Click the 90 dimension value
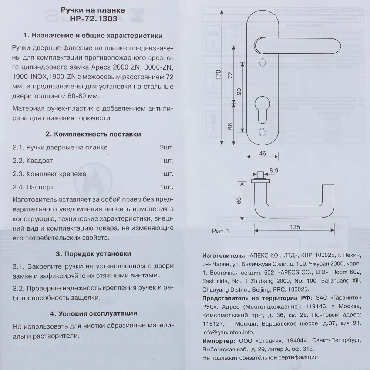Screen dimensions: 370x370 pyautogui.click(x=239, y=92)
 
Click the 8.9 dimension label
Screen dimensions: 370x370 pyautogui.click(x=274, y=170)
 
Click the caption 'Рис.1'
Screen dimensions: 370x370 pyautogui.click(x=221, y=231)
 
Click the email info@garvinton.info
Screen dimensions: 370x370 pyautogui.click(x=228, y=332)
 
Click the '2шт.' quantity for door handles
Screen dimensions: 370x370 pyautogui.click(x=166, y=147)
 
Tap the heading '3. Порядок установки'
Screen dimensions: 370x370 pyautogui.click(x=93, y=254)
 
